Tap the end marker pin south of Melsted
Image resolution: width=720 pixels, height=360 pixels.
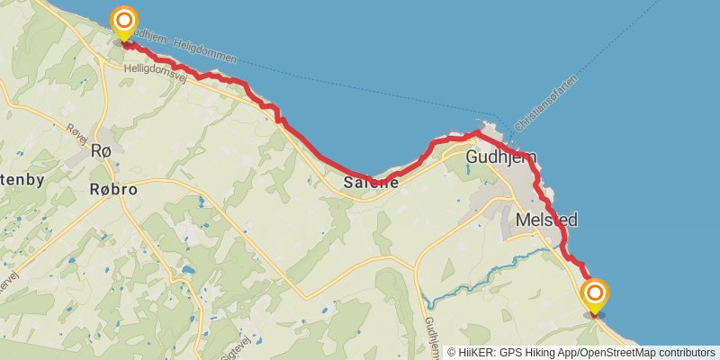coord(595,295)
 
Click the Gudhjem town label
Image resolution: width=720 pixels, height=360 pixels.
coord(501,157)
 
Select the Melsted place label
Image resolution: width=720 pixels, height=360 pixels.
coord(547,220)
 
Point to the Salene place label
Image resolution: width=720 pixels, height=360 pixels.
coord(371,183)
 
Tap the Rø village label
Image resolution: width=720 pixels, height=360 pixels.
coord(102,151)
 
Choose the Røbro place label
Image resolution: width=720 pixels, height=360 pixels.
coord(114,189)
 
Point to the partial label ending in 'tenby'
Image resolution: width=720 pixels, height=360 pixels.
coord(22,181)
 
